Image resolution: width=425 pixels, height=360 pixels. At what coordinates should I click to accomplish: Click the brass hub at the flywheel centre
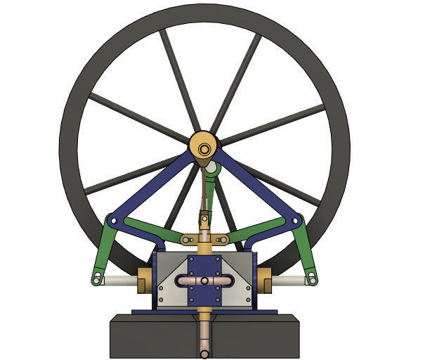pos(204,149)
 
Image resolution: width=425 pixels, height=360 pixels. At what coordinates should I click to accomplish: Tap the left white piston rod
pos(119,280)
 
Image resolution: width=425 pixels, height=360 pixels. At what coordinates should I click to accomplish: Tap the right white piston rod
pos(288,281)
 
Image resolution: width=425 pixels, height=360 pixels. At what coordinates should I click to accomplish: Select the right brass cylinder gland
pos(265,280)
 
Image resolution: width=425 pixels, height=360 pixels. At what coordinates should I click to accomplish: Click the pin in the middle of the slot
pos(204,281)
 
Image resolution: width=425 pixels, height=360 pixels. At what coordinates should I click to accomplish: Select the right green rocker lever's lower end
pos(310,279)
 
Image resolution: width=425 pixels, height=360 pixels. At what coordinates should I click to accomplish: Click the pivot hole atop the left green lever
pos(111,223)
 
